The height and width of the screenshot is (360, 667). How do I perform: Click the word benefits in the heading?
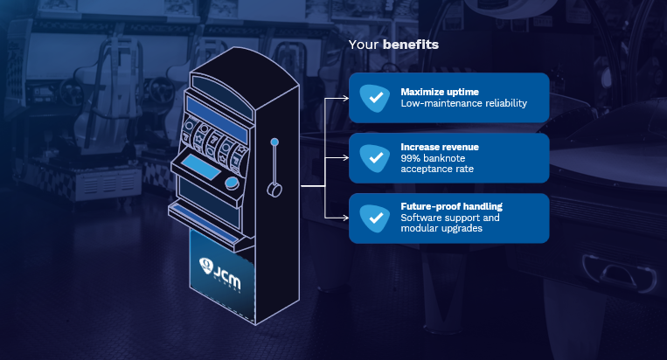point(411,45)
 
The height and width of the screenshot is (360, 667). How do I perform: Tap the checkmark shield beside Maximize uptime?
point(375,98)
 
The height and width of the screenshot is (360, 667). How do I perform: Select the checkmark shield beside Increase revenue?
point(375,158)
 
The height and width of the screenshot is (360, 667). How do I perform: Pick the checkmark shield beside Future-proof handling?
point(375,218)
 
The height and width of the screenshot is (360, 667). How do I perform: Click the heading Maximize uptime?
point(440,92)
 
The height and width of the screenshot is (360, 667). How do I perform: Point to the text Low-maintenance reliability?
point(463,103)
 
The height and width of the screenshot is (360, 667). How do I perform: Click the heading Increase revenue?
point(440,147)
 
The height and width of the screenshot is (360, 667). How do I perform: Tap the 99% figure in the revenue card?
point(410,158)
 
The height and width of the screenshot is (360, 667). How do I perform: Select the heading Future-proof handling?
point(451,206)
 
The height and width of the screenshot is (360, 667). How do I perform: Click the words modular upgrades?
point(441,228)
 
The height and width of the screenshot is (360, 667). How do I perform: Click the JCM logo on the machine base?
point(220,273)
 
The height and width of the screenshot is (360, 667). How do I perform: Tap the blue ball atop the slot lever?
point(274,142)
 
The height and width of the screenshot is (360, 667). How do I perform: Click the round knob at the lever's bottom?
point(274,190)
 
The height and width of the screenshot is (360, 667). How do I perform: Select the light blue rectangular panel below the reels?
point(202,167)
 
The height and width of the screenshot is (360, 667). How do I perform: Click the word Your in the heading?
point(364,45)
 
